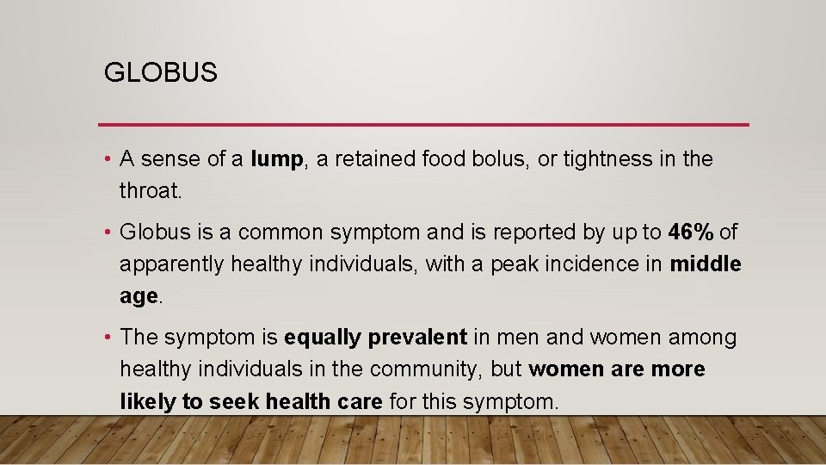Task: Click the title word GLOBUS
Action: [x=161, y=73]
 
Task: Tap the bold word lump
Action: [x=277, y=159]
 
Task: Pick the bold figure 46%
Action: [x=691, y=232]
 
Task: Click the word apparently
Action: [x=171, y=264]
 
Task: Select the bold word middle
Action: [x=705, y=264]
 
